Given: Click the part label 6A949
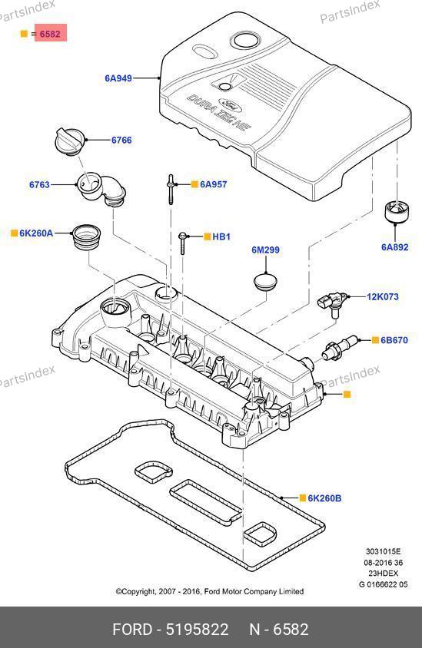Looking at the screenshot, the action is tap(118, 78).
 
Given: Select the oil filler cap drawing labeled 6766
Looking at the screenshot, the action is tap(69, 141).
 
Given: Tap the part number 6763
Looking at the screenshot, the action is tap(39, 185).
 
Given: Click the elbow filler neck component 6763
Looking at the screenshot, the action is tap(101, 190).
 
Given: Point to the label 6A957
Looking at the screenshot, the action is tap(214, 184).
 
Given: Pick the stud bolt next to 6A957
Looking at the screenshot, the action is tap(171, 189).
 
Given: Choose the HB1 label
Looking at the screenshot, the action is tap(221, 236).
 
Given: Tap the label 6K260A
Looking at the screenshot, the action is tap(36, 233).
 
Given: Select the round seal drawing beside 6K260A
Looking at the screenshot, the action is tap(87, 237).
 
